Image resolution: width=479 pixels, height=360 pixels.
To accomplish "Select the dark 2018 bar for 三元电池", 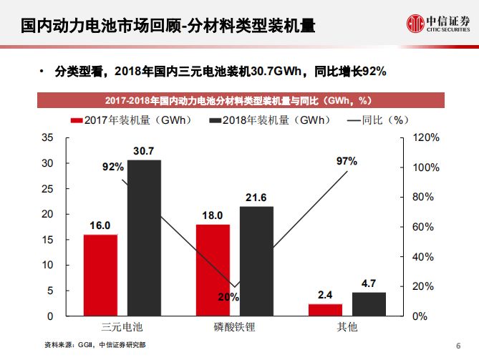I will [x=144, y=238].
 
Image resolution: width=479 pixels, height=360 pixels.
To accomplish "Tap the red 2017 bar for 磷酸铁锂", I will [x=213, y=270].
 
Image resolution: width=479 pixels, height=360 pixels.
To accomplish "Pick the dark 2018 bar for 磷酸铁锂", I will [x=256, y=261].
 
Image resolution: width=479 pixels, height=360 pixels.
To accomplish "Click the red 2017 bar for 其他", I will [x=325, y=309].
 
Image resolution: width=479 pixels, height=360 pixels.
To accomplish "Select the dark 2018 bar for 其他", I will [x=369, y=303].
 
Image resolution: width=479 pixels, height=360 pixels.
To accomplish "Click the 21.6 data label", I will [x=256, y=198].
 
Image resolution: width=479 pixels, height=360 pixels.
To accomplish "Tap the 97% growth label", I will [x=347, y=161].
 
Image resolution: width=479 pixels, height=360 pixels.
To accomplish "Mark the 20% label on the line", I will [x=228, y=297].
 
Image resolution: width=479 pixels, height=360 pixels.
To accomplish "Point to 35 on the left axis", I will [x=47, y=137].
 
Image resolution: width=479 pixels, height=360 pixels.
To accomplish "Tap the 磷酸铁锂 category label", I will [x=234, y=328].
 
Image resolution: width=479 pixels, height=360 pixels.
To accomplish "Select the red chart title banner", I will [x=238, y=99].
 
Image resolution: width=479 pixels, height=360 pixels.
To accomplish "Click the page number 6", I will [x=458, y=346].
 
